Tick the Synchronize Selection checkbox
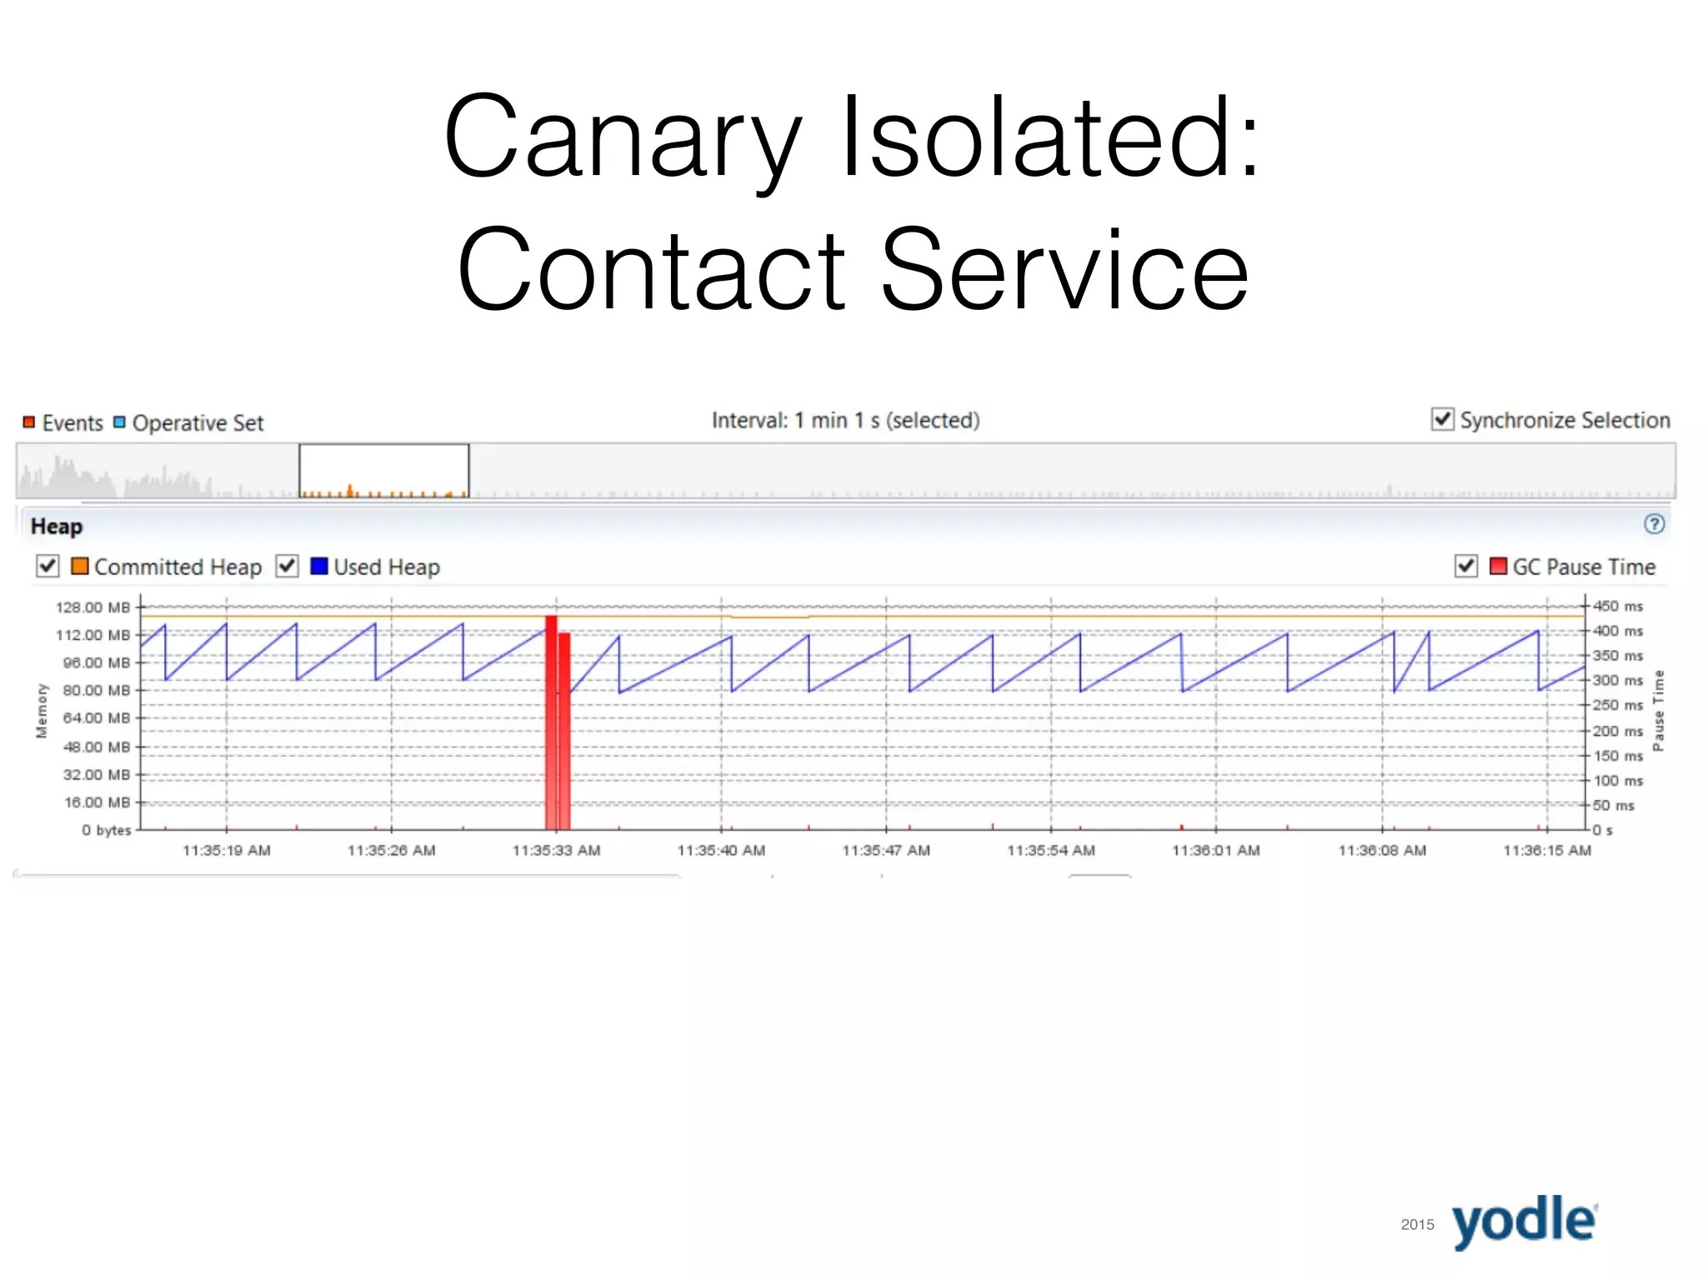coord(1442,419)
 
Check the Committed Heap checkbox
coord(48,567)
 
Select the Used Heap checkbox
coord(288,567)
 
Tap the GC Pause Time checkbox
coord(1465,567)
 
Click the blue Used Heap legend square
coord(318,567)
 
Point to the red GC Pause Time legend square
coord(1498,567)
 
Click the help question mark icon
coord(1654,524)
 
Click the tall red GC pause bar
coord(551,722)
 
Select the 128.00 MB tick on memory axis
coord(93,607)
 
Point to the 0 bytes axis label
coord(107,830)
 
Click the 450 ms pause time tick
coord(1617,606)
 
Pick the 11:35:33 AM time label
coord(556,851)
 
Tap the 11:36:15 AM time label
coord(1547,851)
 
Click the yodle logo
coord(1524,1222)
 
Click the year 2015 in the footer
coord(1417,1225)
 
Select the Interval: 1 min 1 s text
coord(845,421)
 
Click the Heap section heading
coord(57,527)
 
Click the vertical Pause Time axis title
coord(1659,710)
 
